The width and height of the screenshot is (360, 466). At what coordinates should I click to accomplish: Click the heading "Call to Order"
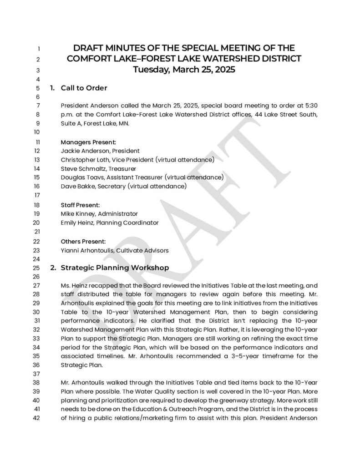point(84,88)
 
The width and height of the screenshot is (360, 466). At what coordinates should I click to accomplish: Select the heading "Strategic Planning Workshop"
point(115,268)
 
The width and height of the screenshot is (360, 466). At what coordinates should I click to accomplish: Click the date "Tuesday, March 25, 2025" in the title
point(184,70)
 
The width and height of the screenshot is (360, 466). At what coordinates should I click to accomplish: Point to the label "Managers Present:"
point(88,142)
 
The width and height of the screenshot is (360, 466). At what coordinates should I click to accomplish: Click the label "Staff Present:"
point(80,205)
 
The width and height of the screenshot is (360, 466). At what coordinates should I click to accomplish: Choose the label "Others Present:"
point(83,241)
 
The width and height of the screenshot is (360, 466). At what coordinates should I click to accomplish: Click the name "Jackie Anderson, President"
point(100,151)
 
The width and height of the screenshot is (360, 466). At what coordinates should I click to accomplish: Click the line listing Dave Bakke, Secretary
point(123,186)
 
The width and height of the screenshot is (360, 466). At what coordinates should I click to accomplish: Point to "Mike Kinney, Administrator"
point(99,213)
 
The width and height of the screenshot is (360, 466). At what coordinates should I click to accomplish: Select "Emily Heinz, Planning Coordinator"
point(110,223)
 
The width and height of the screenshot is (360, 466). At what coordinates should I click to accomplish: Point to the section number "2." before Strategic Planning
point(53,268)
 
